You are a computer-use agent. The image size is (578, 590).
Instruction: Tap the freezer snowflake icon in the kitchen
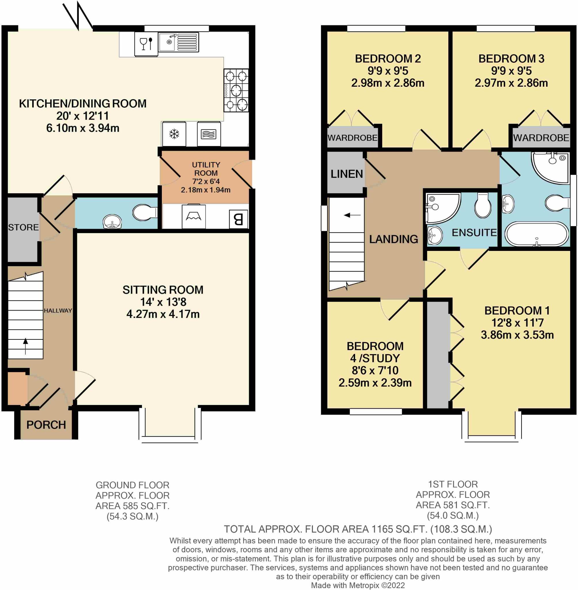[x=174, y=134]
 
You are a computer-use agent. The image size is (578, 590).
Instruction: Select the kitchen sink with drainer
[x=178, y=42]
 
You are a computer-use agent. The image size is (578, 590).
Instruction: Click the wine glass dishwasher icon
[x=146, y=44]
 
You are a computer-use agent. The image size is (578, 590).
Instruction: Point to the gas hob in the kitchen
[x=236, y=90]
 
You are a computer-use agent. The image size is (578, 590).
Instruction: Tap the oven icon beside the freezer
[x=209, y=134]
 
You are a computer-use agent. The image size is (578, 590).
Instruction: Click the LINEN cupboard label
[x=346, y=174]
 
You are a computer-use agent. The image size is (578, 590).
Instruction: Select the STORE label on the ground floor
[x=23, y=227]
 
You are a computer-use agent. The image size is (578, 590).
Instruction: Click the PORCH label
[x=46, y=425]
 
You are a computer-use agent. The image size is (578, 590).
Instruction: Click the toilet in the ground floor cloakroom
[x=145, y=212]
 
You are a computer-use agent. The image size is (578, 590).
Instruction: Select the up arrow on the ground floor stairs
[x=26, y=345]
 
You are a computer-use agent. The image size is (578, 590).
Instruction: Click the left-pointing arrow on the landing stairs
[x=352, y=215]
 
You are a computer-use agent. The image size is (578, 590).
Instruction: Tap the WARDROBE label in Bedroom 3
[x=541, y=138]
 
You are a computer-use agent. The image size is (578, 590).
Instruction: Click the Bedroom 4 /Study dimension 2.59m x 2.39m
[x=375, y=383]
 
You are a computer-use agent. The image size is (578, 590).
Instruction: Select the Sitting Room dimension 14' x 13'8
[x=163, y=302]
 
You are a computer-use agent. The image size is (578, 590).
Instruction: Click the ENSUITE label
[x=474, y=232]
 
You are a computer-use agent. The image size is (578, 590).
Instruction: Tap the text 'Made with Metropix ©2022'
[x=358, y=585]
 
